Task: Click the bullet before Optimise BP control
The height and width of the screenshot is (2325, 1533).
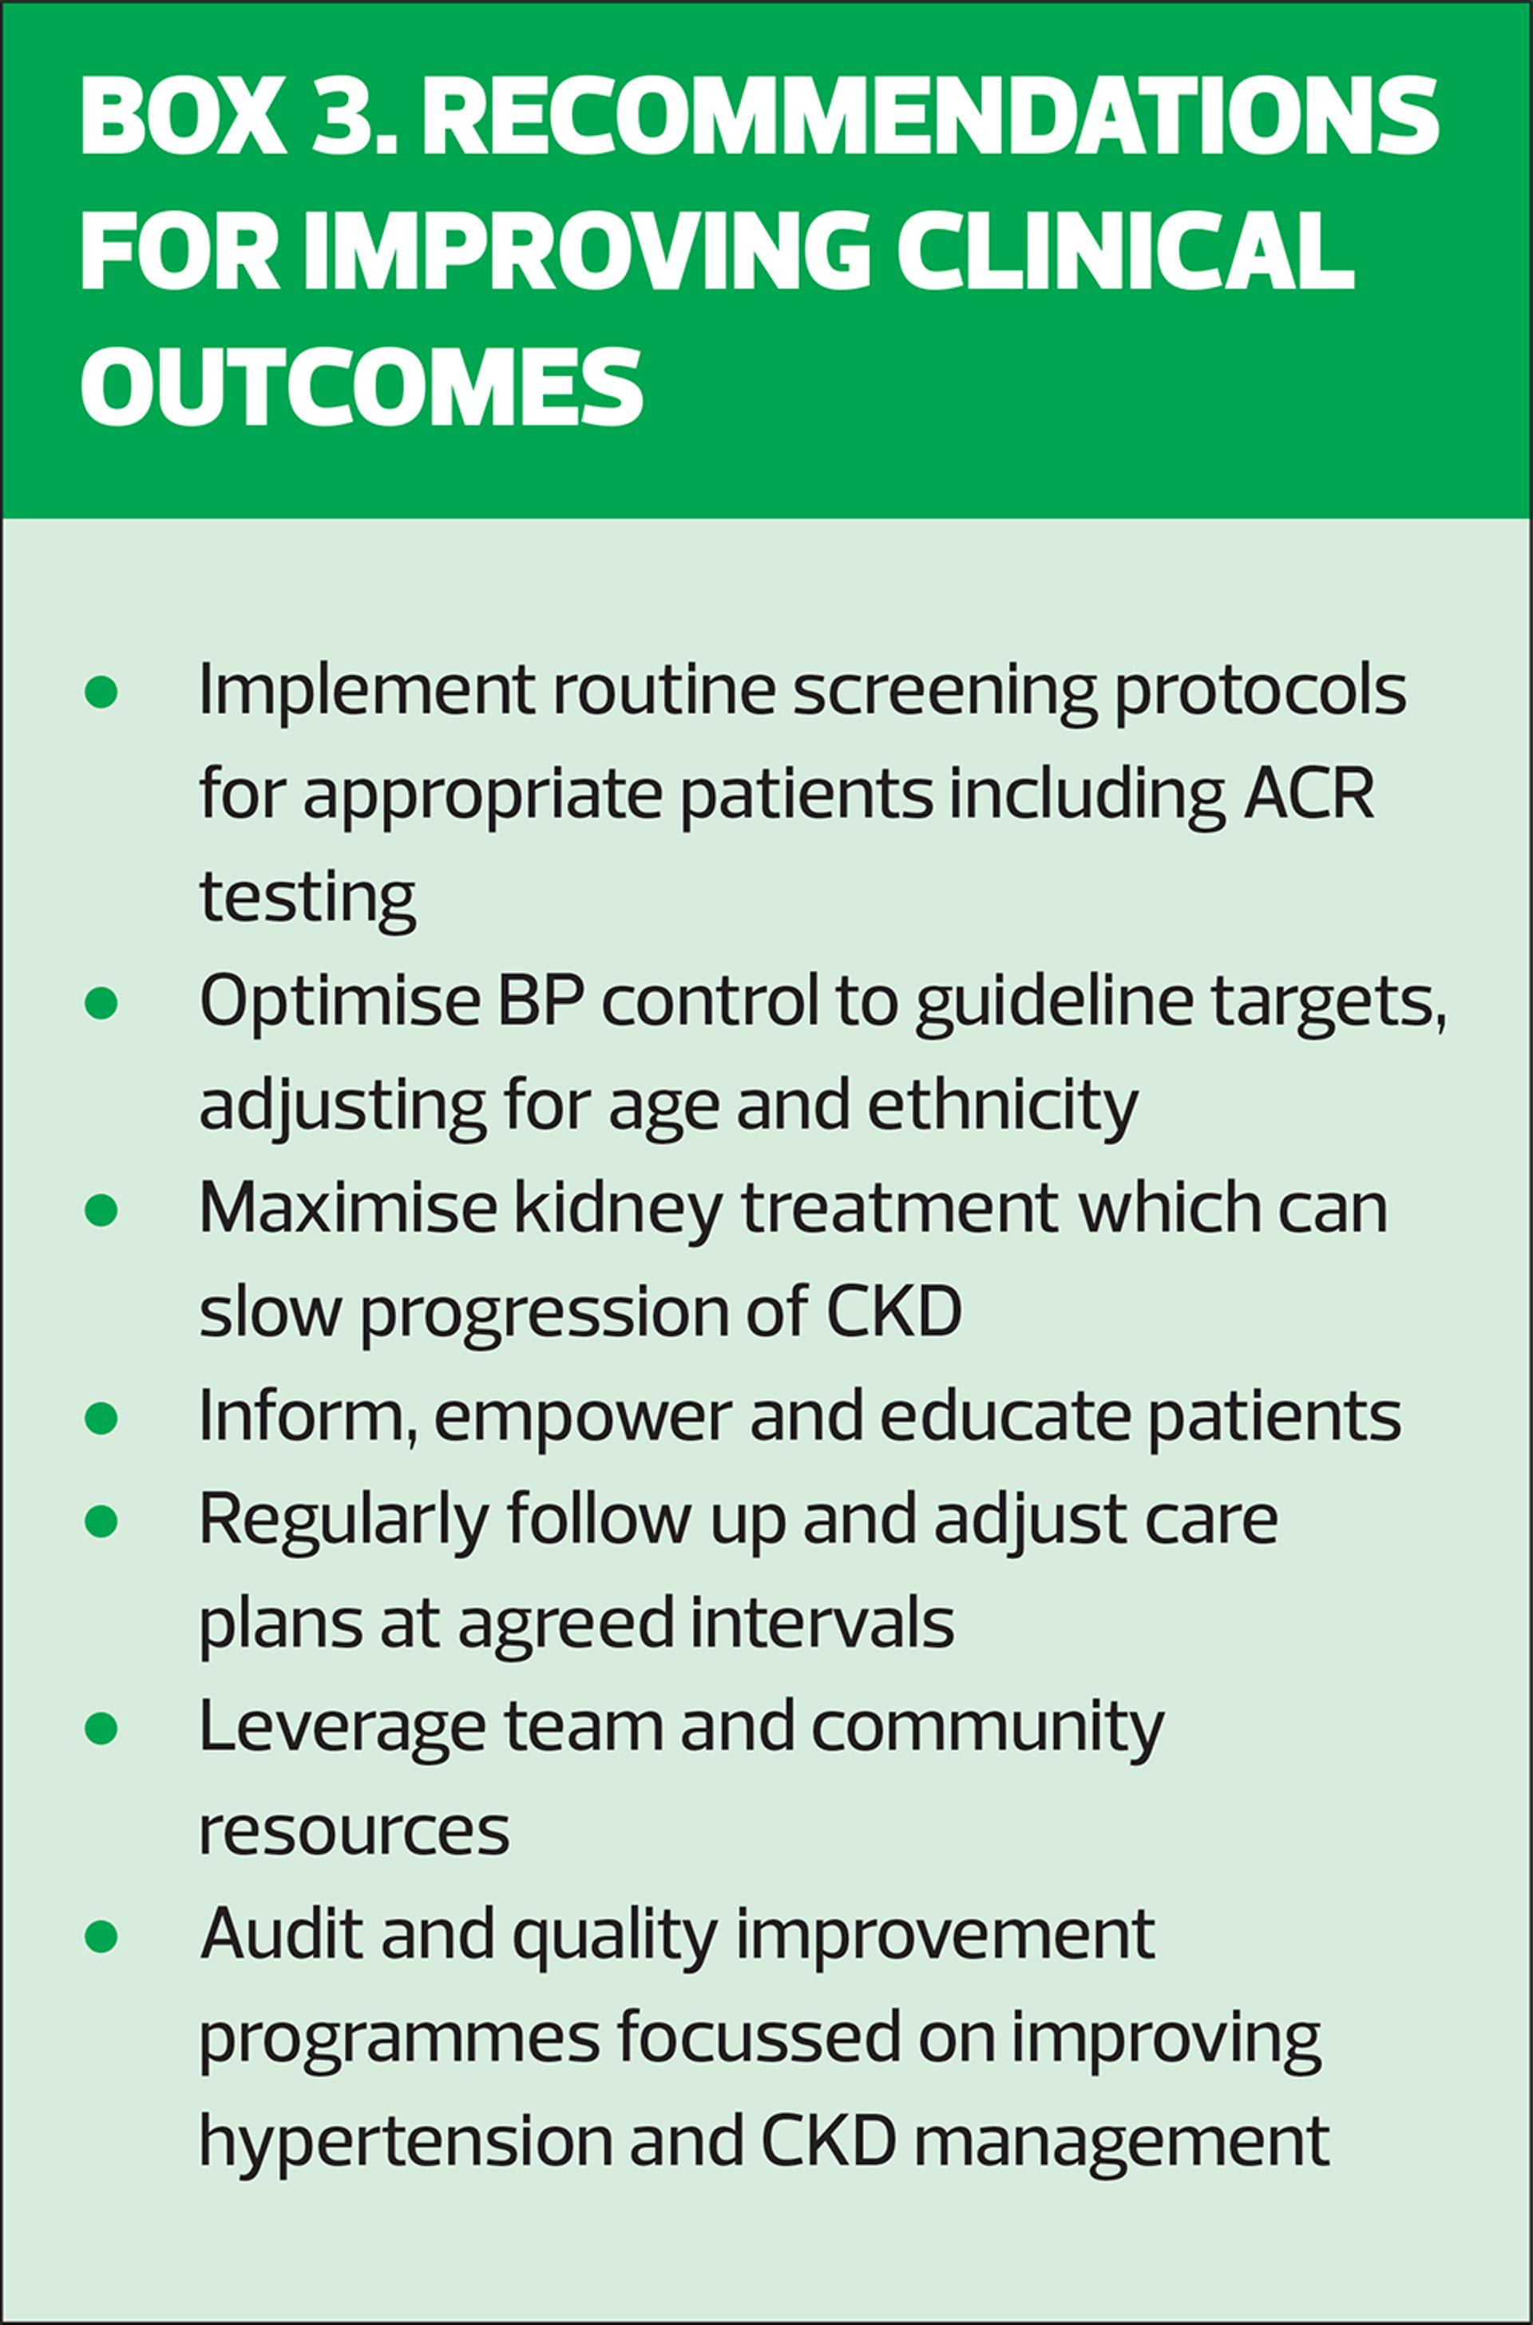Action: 101,1005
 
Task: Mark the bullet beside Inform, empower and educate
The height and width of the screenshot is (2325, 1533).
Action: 101,1418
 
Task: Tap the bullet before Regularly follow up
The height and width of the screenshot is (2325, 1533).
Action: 101,1522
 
